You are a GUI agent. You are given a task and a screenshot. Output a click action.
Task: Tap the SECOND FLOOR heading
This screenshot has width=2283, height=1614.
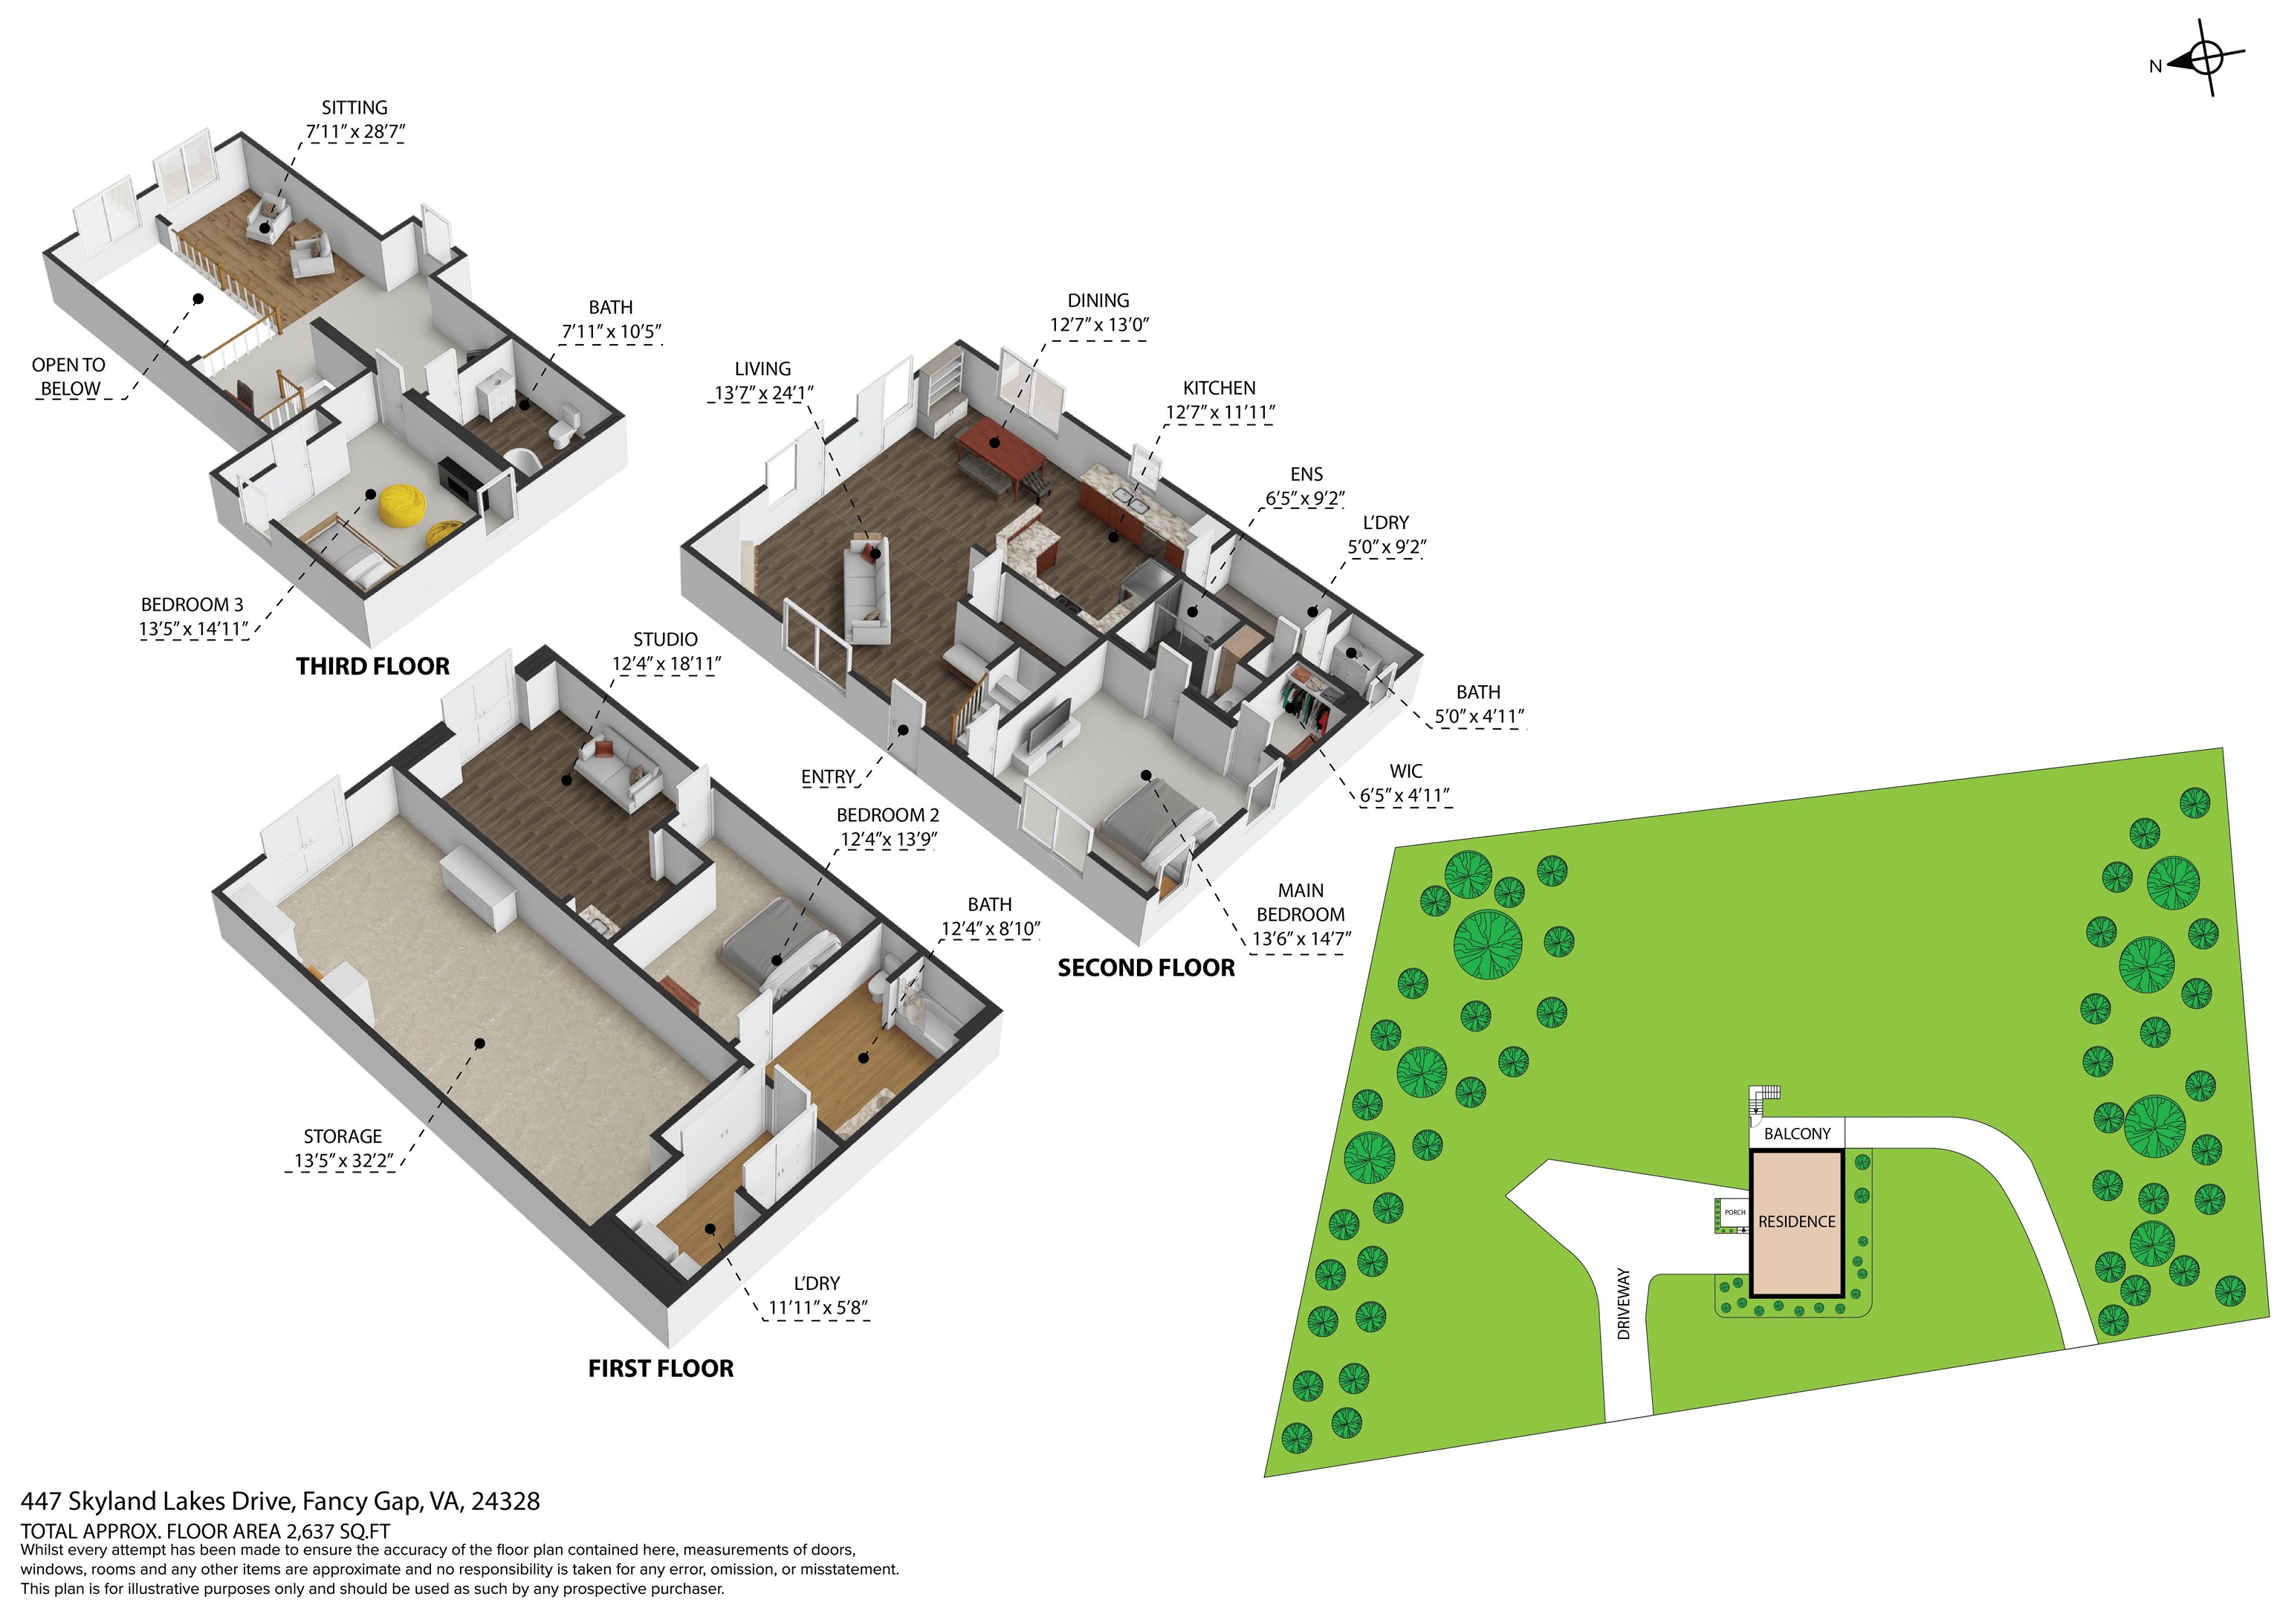[x=1145, y=968]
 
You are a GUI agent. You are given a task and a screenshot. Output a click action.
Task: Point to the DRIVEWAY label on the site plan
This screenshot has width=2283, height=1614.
[x=1624, y=1303]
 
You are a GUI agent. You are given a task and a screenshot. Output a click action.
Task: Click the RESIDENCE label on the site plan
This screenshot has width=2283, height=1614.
[x=1795, y=1221]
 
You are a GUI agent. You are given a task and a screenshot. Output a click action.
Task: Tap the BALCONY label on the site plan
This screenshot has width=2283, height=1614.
[x=1797, y=1134]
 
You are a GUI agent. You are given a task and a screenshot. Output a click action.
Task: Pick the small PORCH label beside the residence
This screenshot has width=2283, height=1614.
[x=1734, y=1212]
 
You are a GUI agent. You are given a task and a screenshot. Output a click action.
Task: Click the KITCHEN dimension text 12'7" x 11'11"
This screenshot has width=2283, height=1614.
[x=1220, y=412]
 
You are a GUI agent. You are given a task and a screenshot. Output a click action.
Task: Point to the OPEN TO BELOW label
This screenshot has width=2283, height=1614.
[x=68, y=377]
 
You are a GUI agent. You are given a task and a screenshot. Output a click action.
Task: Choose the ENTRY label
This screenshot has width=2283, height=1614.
[x=827, y=777]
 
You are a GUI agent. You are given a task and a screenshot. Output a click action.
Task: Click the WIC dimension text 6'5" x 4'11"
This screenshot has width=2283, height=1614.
[x=1405, y=796]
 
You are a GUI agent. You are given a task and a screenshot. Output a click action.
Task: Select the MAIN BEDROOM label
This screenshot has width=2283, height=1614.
[x=1301, y=903]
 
